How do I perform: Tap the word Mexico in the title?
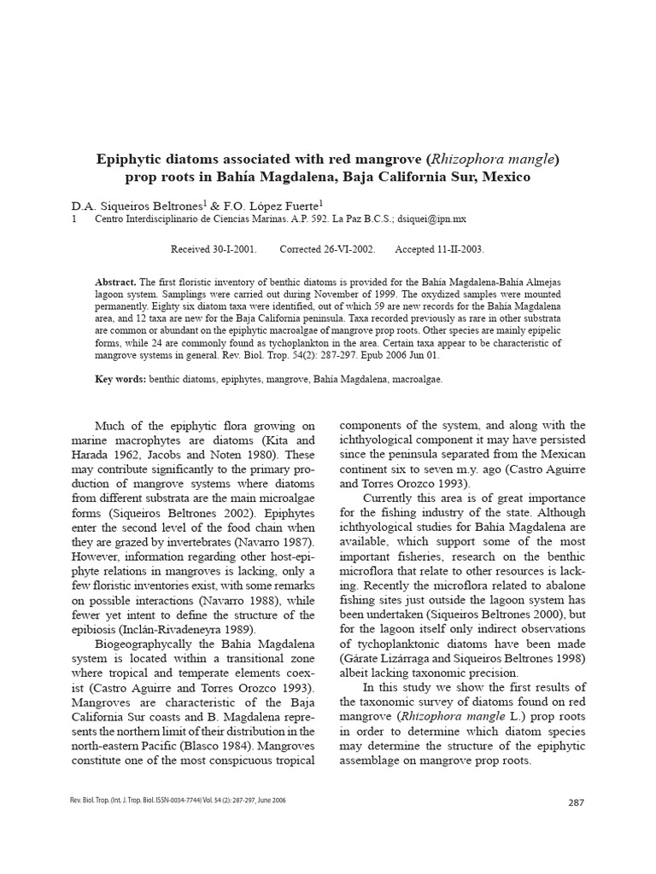coord(506,178)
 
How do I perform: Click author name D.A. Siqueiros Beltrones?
coord(137,207)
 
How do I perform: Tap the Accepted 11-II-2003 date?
coord(439,249)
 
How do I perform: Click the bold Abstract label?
coord(115,282)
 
